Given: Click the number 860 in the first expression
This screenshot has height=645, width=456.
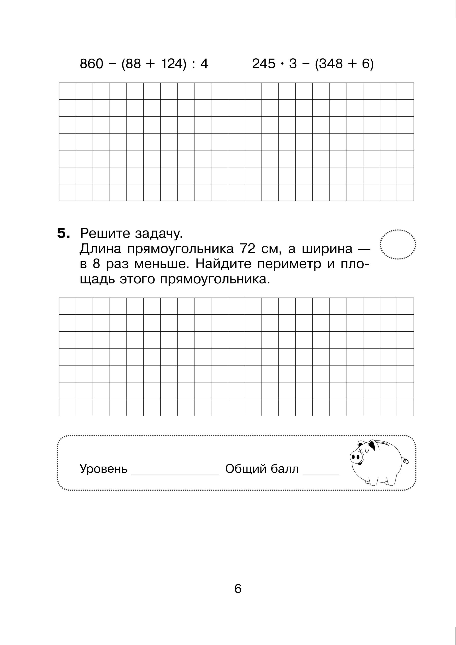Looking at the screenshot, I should (x=92, y=64).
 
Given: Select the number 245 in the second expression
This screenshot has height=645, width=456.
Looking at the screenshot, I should (x=264, y=64).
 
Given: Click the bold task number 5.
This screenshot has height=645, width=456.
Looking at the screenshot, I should (x=63, y=234).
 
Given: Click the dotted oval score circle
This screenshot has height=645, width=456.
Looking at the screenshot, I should (x=398, y=244).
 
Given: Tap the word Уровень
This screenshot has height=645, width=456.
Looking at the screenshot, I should (x=103, y=469).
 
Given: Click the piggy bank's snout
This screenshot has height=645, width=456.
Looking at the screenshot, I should (x=356, y=457).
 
